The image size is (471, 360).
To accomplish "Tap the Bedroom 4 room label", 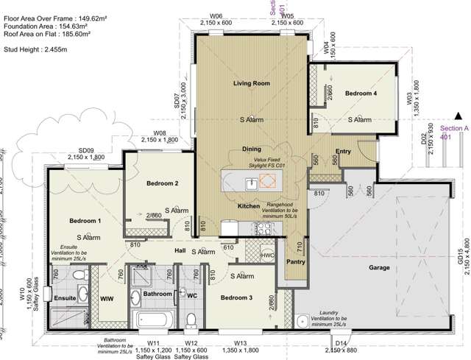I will [x=361, y=93].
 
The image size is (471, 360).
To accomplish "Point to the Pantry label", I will [x=295, y=261].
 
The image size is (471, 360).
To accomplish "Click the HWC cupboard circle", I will [x=268, y=255].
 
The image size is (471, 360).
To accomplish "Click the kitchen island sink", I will [x=252, y=184].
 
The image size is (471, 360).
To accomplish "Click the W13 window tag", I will [x=241, y=343].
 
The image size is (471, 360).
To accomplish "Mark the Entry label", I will [x=344, y=152].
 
